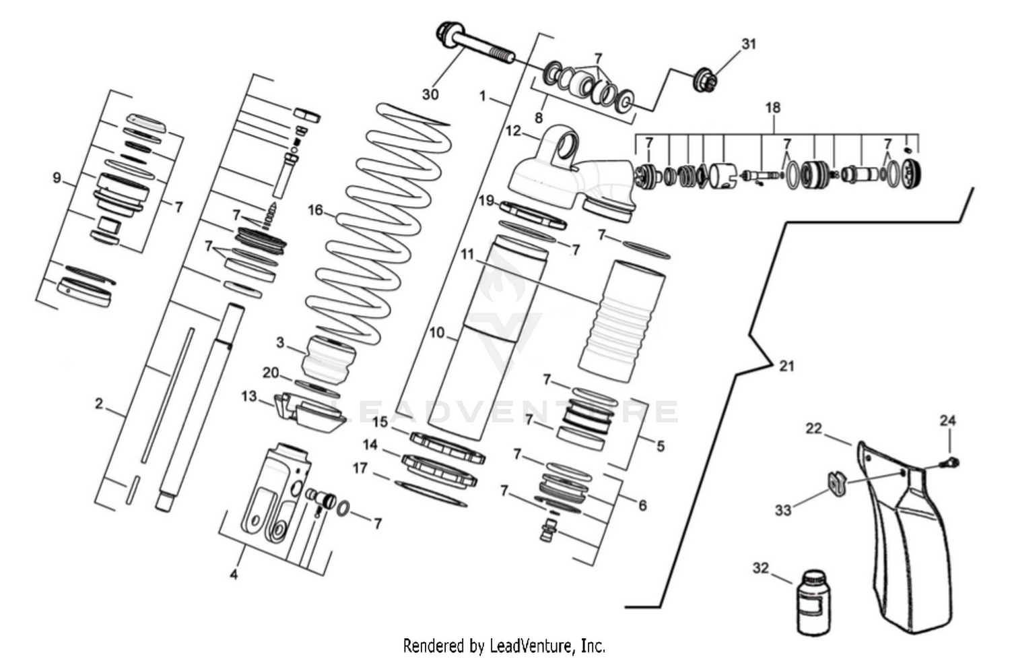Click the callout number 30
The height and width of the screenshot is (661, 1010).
430,94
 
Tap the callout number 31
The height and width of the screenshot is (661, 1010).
749,44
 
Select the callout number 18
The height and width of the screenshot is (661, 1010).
772,108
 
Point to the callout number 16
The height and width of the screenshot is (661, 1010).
316,210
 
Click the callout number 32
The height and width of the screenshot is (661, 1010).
760,569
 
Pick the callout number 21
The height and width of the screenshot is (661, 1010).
786,366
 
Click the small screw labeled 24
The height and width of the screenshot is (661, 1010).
951,462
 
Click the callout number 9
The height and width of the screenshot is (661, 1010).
57,179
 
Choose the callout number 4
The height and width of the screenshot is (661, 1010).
234,575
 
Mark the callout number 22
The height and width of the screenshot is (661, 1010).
814,429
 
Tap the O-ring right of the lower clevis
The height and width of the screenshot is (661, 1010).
342,509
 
